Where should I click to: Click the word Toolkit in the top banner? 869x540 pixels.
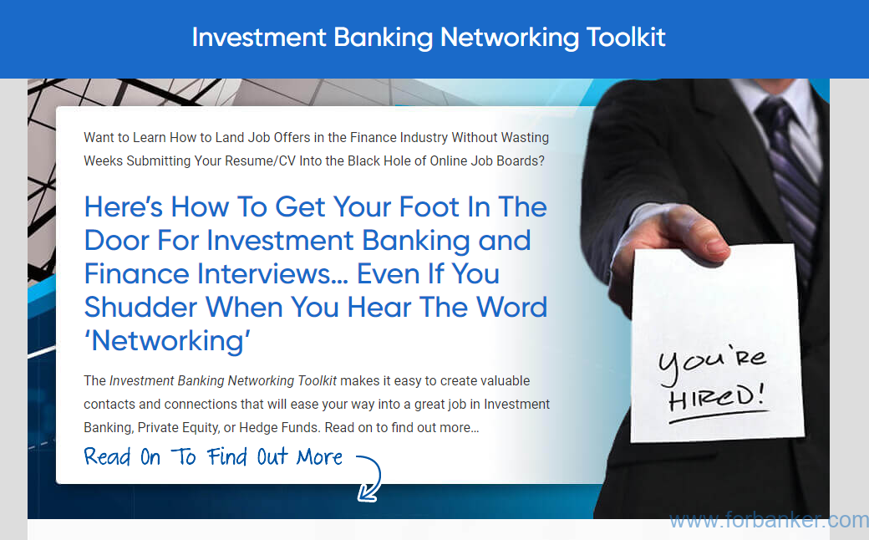pyautogui.click(x=626, y=37)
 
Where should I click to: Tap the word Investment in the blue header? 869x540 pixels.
pyautogui.click(x=259, y=37)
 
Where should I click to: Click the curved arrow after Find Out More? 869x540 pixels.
pyautogui.click(x=368, y=477)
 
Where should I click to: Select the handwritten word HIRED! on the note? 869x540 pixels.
pyautogui.click(x=716, y=396)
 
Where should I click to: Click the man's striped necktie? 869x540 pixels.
pyautogui.click(x=790, y=166)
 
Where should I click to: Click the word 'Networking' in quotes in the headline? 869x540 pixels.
pyautogui.click(x=167, y=340)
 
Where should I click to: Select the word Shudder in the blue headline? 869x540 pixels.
pyautogui.click(x=140, y=307)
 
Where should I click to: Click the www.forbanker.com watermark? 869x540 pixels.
pyautogui.click(x=769, y=521)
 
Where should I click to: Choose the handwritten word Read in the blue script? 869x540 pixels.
pyautogui.click(x=107, y=457)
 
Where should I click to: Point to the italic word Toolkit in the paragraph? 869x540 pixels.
pyautogui.click(x=317, y=381)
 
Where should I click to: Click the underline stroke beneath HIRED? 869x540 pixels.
pyautogui.click(x=719, y=416)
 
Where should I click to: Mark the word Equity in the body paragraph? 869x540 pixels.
pyautogui.click(x=201, y=428)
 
